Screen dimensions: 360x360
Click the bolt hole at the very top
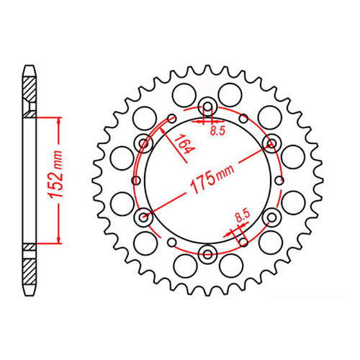208,107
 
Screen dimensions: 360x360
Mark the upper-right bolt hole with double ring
271,142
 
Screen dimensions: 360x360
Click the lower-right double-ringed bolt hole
271,215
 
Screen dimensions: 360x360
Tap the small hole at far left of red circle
135,179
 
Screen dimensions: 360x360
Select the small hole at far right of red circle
282,179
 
